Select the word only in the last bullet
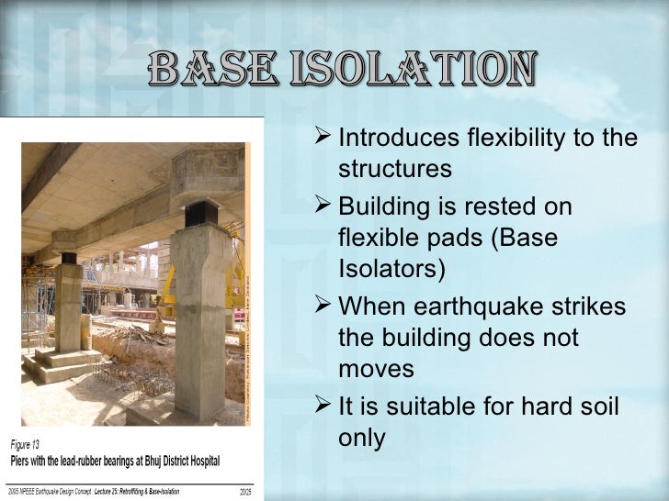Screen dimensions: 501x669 pyautogui.click(x=361, y=438)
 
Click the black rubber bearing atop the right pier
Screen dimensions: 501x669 pyautogui.click(x=199, y=215)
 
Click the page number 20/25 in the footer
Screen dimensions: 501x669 pyautogui.click(x=245, y=492)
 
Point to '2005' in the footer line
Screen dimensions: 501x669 pyautogui.click(x=15, y=492)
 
